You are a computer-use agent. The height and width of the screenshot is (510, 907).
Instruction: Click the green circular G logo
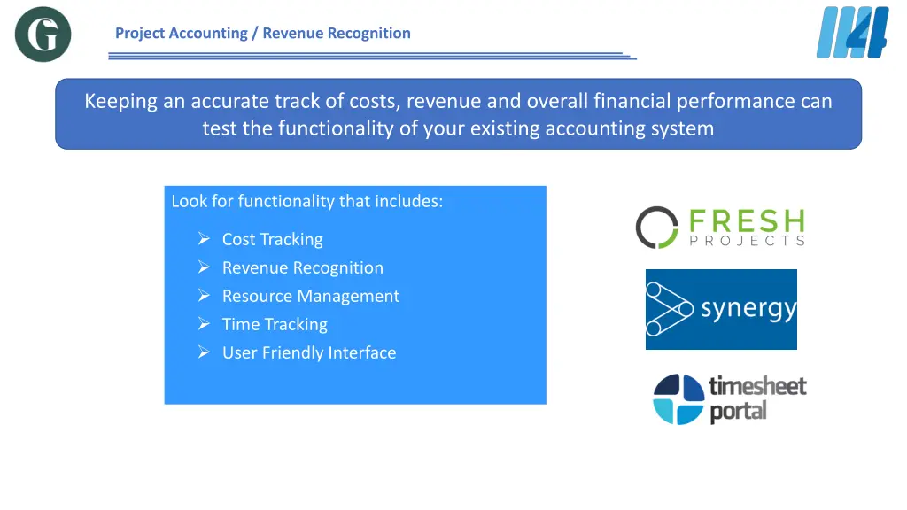(x=43, y=35)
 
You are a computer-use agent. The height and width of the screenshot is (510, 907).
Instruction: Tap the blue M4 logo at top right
(x=851, y=33)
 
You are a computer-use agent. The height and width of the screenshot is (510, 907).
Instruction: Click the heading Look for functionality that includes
(x=306, y=201)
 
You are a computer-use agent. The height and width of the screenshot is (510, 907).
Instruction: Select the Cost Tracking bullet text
(x=272, y=239)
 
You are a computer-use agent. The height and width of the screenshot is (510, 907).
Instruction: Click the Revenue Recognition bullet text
(x=302, y=267)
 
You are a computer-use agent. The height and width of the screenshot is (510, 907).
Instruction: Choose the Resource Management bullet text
(x=310, y=296)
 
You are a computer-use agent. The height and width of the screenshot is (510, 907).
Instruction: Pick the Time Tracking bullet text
(x=275, y=324)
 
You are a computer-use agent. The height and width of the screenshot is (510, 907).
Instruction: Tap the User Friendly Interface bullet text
(x=308, y=352)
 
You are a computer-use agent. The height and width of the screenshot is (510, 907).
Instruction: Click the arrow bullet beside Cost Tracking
(x=203, y=239)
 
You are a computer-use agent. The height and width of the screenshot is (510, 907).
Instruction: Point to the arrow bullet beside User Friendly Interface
(x=203, y=352)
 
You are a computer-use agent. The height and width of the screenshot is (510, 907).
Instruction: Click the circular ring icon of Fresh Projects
(x=656, y=228)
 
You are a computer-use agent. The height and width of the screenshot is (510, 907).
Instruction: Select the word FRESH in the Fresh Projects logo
(x=746, y=220)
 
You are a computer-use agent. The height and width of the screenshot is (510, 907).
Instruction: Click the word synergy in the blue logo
(x=748, y=310)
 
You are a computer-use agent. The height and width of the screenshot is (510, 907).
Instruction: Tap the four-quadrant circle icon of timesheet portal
(x=678, y=399)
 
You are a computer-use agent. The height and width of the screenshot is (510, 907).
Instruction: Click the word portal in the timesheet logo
(x=738, y=412)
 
